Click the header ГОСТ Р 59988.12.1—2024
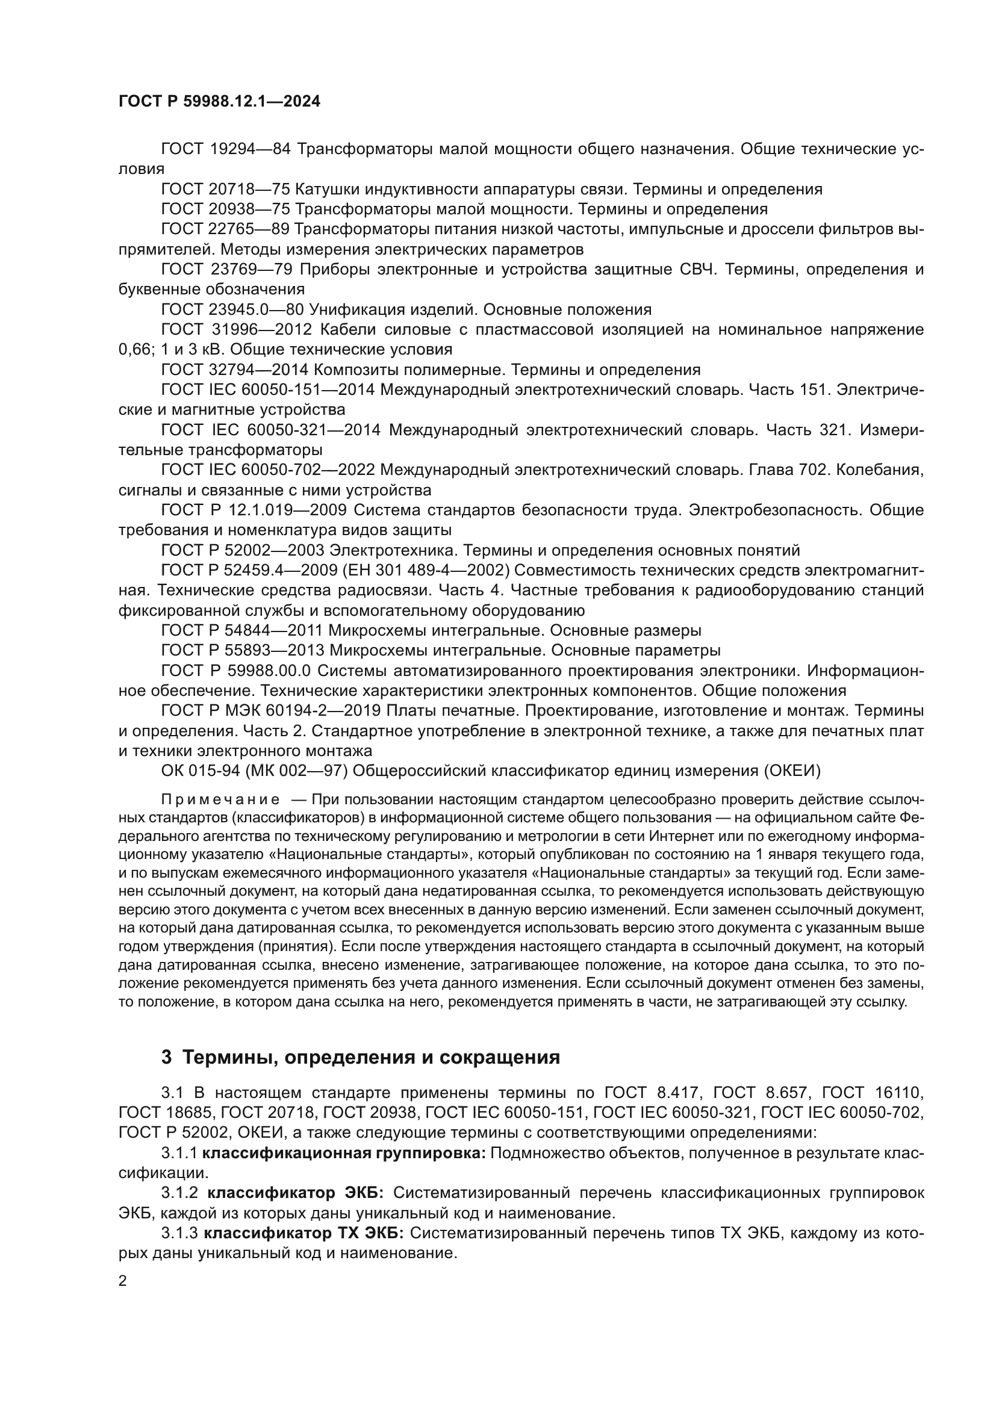coord(219,102)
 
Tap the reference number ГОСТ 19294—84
coord(225,149)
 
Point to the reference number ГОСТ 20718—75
coord(225,190)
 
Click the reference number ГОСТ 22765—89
coord(225,229)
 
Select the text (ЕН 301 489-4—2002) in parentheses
coord(425,570)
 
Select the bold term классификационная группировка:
coord(343,1153)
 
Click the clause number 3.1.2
coord(179,1193)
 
